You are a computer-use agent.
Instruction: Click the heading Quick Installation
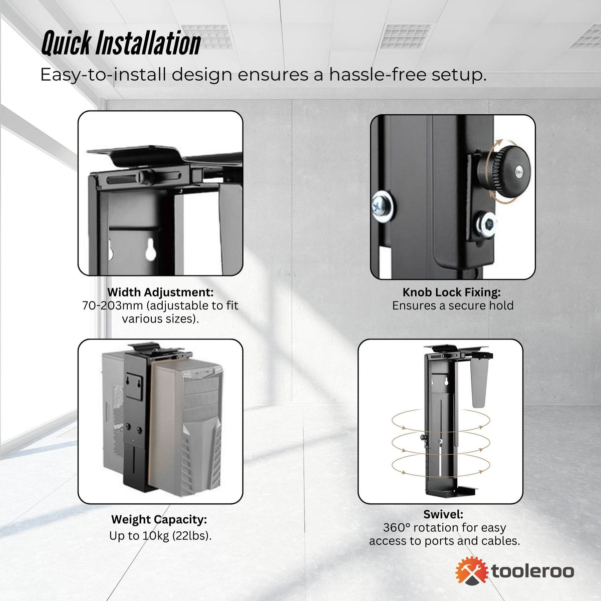pos(121,44)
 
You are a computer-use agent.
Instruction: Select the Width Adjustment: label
pos(160,292)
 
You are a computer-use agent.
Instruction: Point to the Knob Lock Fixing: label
pos(451,292)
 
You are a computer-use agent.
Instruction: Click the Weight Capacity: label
pos(159,519)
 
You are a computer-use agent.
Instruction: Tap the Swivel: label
pos(443,514)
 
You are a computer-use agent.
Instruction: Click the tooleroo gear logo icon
pos(471,571)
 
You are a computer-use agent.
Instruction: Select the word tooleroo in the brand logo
pos(533,571)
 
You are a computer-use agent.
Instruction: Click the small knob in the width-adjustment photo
pos(146,176)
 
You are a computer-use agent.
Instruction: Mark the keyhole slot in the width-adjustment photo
pos(150,249)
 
